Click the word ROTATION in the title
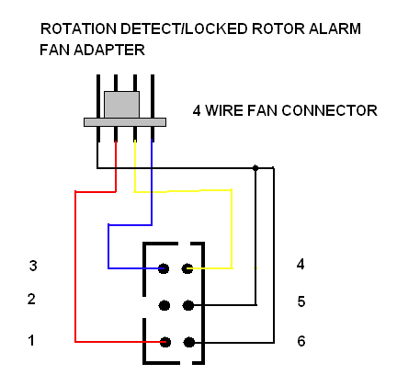pyautogui.click(x=78, y=28)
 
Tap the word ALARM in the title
pyautogui.click(x=335, y=28)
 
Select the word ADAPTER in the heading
pyautogui.click(x=109, y=50)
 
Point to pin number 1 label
pyautogui.click(x=31, y=341)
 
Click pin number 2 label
pyautogui.click(x=31, y=299)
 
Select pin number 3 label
pyautogui.click(x=33, y=266)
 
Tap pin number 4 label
pyautogui.click(x=301, y=264)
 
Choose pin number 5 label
pyautogui.click(x=301, y=301)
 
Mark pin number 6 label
pyautogui.click(x=301, y=341)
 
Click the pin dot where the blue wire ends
pyautogui.click(x=164, y=268)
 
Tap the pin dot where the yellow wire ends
pyautogui.click(x=187, y=268)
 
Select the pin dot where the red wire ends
pyautogui.click(x=165, y=342)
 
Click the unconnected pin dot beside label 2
pyautogui.click(x=165, y=305)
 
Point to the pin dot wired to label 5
pyautogui.click(x=188, y=305)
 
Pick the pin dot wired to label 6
pyautogui.click(x=189, y=342)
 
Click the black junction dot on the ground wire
pyautogui.click(x=255, y=168)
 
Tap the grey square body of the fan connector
pyautogui.click(x=121, y=105)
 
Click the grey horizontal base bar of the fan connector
pyautogui.click(x=125, y=122)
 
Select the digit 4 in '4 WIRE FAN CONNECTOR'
pyautogui.click(x=197, y=110)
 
